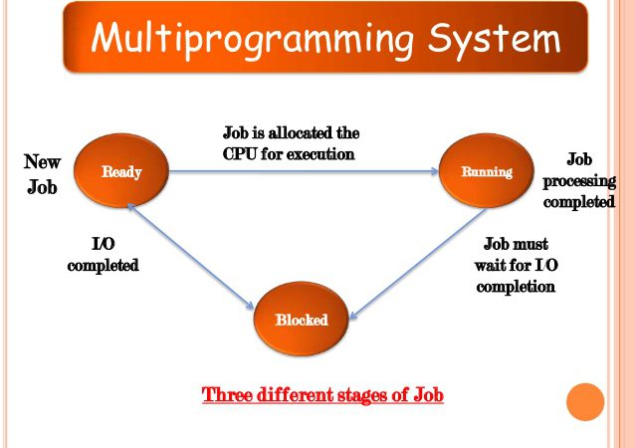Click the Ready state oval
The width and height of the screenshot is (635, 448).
click(x=121, y=171)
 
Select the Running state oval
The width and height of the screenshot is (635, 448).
click(x=487, y=171)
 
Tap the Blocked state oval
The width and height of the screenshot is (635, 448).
click(x=301, y=320)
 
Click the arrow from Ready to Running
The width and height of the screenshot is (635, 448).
click(x=304, y=172)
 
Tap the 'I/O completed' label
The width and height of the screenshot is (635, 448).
click(x=103, y=254)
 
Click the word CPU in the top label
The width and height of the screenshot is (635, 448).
click(x=242, y=154)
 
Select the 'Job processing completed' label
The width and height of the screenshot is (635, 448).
click(x=578, y=180)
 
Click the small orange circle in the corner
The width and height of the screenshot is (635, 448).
click(x=585, y=401)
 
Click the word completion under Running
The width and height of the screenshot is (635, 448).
click(x=516, y=286)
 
